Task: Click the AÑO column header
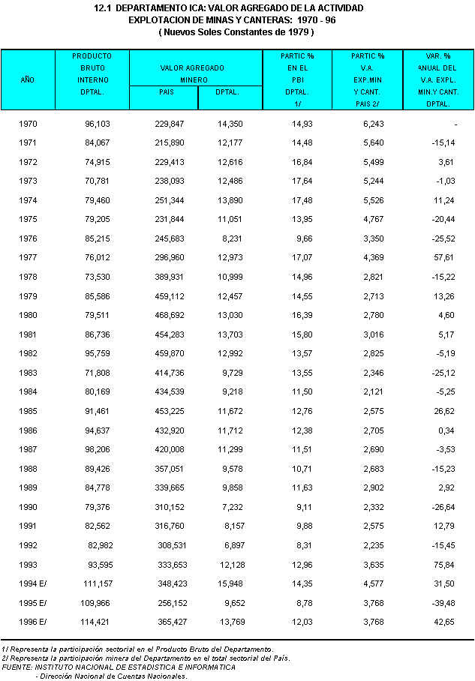[28, 79]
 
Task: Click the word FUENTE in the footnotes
[17, 667]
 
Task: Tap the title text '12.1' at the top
[104, 8]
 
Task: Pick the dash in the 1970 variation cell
[455, 123]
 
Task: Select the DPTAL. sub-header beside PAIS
[228, 92]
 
